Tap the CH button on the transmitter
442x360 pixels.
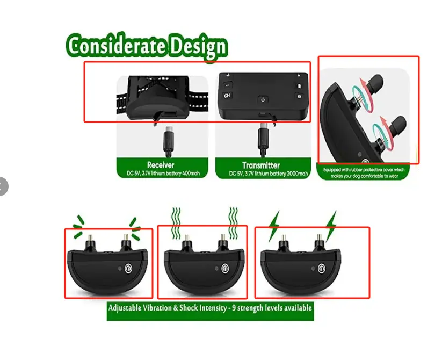(227, 96)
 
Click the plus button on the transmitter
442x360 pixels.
(228, 75)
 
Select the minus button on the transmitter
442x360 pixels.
(228, 85)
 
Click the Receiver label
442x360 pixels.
(161, 165)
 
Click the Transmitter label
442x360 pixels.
(261, 165)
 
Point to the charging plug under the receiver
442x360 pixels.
(168, 141)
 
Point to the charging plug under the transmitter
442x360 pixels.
(263, 139)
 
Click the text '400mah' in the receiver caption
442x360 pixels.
(191, 173)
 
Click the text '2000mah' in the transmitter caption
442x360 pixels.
(297, 174)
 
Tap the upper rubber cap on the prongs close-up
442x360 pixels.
(376, 82)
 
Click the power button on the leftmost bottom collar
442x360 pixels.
(128, 268)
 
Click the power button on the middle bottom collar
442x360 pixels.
(225, 268)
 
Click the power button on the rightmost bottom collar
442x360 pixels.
(322, 268)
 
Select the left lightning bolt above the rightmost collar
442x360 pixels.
(274, 226)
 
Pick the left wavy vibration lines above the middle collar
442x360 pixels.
(176, 224)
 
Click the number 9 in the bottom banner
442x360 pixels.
(234, 307)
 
